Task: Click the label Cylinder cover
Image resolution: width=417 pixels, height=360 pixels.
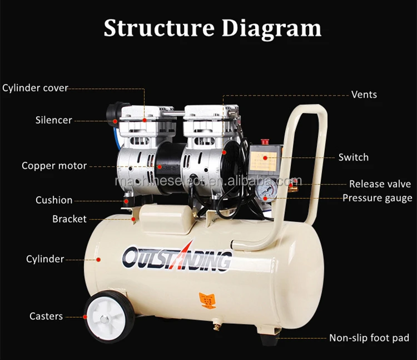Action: tap(35, 88)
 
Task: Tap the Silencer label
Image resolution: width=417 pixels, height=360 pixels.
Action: tap(54, 120)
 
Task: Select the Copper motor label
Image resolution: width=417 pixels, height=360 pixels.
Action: tap(54, 166)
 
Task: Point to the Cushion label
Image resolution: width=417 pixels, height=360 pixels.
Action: tap(54, 200)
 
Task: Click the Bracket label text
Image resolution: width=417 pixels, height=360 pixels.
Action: tap(69, 219)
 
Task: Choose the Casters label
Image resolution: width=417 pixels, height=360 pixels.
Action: tap(46, 316)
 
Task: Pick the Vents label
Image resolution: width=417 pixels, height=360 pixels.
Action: tap(364, 94)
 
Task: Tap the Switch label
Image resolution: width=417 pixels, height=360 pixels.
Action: tap(354, 157)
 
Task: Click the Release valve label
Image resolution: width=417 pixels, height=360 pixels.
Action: tap(380, 184)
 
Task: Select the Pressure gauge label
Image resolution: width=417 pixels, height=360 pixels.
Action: tap(377, 198)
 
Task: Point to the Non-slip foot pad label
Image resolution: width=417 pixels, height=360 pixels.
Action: tap(369, 338)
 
